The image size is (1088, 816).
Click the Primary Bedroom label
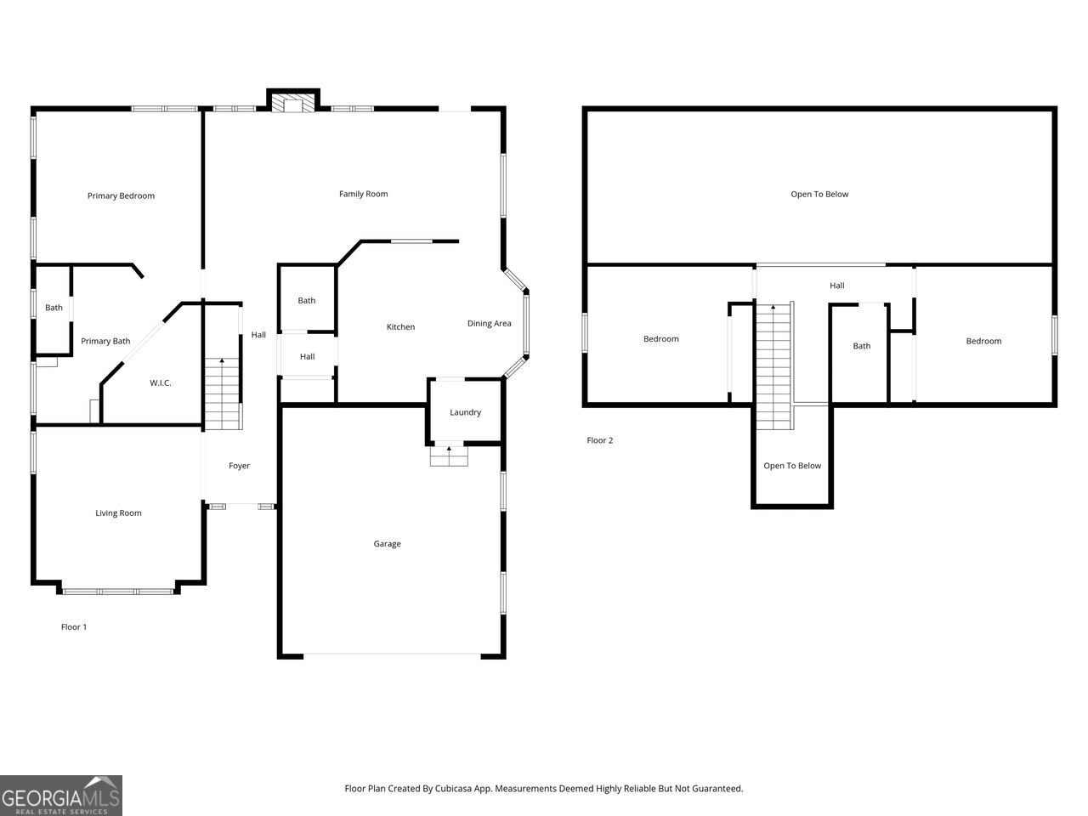coord(121,195)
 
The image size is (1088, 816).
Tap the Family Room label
coord(363,194)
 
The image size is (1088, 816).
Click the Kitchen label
coord(400,327)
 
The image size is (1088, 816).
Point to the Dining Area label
coord(489,323)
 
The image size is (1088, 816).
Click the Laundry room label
coord(465,412)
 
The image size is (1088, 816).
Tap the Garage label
coord(387,544)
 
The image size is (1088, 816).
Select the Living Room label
coord(118,513)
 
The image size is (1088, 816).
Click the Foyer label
coord(239,466)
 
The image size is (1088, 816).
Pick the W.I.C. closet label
coord(161,383)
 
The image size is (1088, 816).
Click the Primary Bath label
coord(105,341)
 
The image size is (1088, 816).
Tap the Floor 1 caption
coord(74,627)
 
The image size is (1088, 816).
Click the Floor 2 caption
coord(599,440)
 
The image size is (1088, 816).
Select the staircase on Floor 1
coord(222,394)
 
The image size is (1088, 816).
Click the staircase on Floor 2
coord(773,365)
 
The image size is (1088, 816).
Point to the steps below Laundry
coord(449,456)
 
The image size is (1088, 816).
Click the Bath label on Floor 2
coord(862,346)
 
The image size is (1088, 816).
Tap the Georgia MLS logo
coord(61,796)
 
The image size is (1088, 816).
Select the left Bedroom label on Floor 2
coord(660,339)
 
